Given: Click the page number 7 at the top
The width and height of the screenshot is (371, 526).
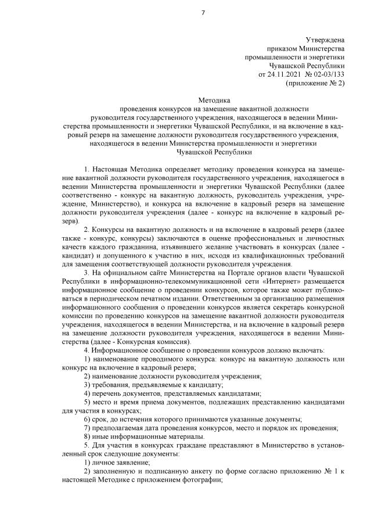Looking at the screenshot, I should [203, 13].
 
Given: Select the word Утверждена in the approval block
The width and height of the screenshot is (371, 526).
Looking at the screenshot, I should [325, 40].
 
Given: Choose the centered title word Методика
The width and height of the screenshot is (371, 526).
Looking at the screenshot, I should [214, 100].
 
